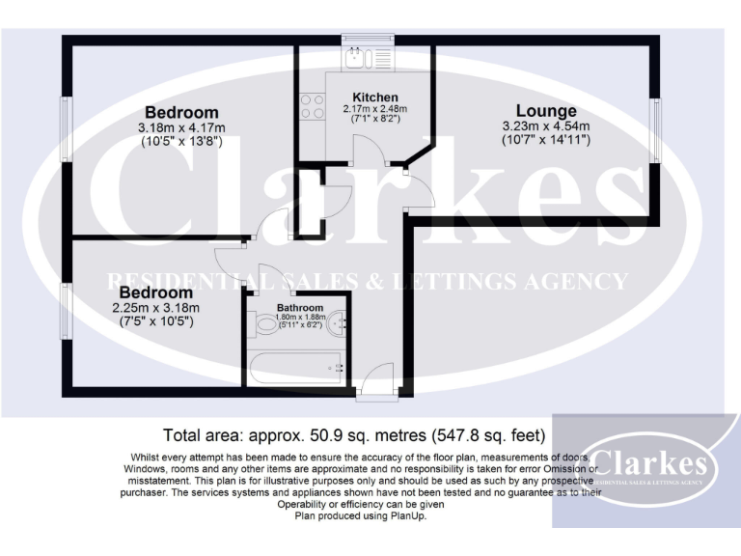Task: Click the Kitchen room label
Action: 375,97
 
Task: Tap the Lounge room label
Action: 545,112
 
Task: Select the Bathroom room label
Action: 300,308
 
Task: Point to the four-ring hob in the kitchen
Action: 312,105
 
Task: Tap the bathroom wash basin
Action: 335,325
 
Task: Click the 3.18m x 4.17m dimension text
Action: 181,127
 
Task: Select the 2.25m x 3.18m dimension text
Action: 156,308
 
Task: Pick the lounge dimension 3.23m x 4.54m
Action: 546,126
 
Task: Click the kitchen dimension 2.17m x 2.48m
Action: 375,109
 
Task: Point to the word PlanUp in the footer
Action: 407,516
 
